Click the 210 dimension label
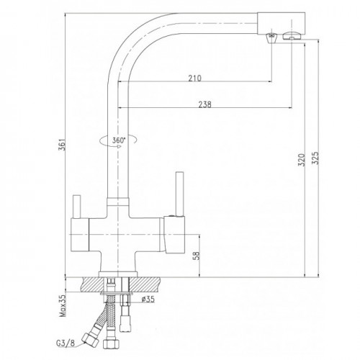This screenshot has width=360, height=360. [x=194, y=78]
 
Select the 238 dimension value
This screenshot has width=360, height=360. [x=204, y=104]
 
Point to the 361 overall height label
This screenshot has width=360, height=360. [x=63, y=144]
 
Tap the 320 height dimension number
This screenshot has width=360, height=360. [x=302, y=160]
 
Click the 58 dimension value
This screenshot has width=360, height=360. [x=196, y=256]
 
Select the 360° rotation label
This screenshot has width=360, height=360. [x=119, y=140]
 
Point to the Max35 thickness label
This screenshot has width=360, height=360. [x=63, y=305]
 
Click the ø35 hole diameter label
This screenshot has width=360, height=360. [x=148, y=300]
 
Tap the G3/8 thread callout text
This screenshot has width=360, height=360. [x=66, y=343]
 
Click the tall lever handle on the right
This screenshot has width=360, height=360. [x=179, y=194]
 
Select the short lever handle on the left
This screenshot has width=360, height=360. [x=77, y=207]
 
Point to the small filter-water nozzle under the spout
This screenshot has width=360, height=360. [x=271, y=38]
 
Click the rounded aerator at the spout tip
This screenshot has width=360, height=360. [x=292, y=36]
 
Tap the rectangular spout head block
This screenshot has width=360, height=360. [x=281, y=23]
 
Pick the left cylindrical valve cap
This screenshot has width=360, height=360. [x=80, y=235]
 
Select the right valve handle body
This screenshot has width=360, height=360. [x=174, y=235]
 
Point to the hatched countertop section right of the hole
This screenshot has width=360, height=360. [x=145, y=285]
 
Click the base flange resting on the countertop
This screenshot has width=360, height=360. [x=117, y=274]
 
